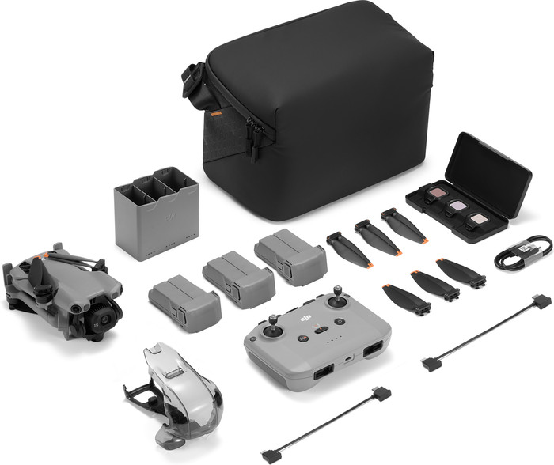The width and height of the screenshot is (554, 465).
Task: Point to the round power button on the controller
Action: pyautogui.click(x=302, y=338)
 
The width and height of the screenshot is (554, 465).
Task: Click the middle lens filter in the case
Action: pyautogui.click(x=457, y=206)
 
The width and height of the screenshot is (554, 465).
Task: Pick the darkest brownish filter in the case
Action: pyautogui.click(x=434, y=194)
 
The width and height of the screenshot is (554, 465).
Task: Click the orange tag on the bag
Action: pyautogui.click(x=215, y=114)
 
